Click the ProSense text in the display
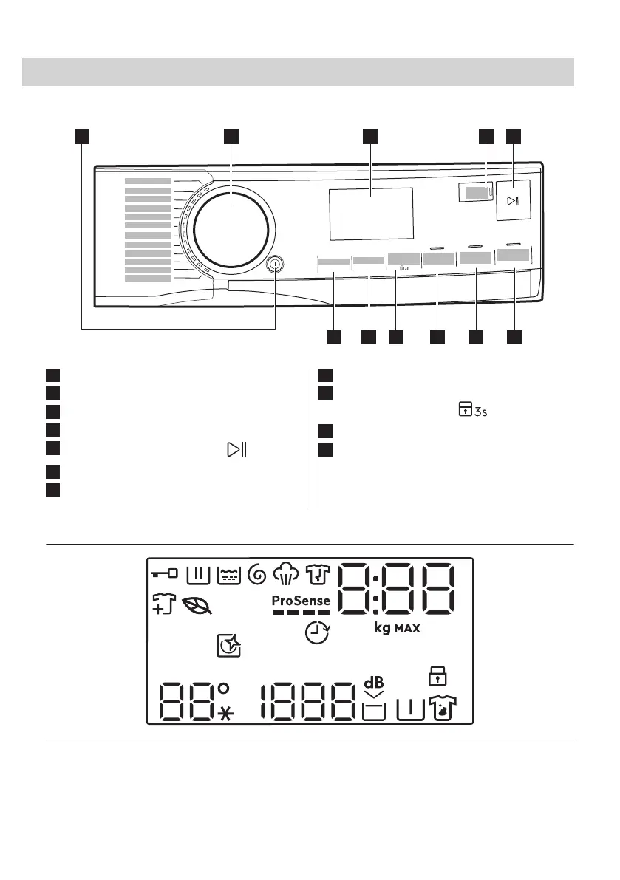pyautogui.click(x=301, y=601)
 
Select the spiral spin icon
pyautogui.click(x=259, y=574)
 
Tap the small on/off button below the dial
pyautogui.click(x=275, y=263)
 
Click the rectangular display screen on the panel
pyautogui.click(x=370, y=214)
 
